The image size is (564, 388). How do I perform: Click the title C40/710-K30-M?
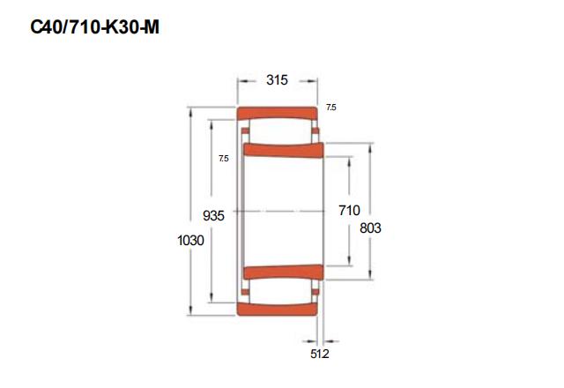point(94,27)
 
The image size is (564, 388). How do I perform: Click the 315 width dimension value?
point(277,80)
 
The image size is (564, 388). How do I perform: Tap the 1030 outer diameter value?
point(190,240)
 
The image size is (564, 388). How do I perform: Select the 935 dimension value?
point(213,215)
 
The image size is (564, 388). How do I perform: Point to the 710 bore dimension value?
point(349,210)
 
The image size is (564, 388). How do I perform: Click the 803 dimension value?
point(370,228)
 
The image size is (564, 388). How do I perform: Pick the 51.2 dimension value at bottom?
point(319,354)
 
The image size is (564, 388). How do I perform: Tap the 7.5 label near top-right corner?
point(331,108)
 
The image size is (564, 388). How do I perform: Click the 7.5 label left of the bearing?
point(223,159)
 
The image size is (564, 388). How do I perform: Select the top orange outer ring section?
point(277,113)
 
